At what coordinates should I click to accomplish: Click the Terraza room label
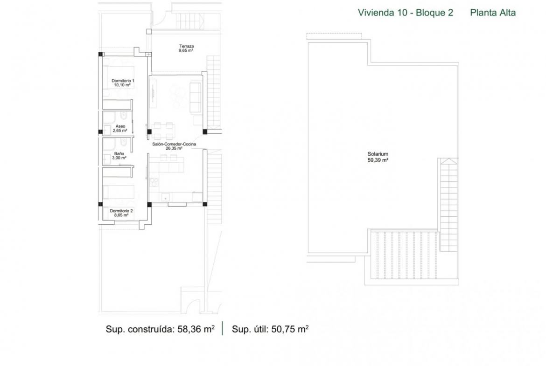(x=186, y=46)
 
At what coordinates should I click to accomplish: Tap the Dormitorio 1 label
(x=123, y=81)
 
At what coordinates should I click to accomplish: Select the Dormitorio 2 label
(x=121, y=211)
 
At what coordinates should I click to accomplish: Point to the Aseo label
(x=120, y=126)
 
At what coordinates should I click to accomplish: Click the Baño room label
(x=119, y=153)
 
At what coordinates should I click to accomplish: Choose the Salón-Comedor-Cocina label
(x=174, y=144)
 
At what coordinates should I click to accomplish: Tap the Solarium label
(x=378, y=154)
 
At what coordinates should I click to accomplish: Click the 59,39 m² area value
(x=378, y=160)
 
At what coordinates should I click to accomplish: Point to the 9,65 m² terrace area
(x=186, y=50)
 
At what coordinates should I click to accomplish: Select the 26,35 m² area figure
(x=174, y=148)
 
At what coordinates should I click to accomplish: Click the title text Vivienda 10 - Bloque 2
(x=406, y=13)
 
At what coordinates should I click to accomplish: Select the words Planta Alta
(x=493, y=13)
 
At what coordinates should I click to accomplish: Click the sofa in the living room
(x=196, y=97)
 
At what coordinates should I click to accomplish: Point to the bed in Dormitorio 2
(x=119, y=192)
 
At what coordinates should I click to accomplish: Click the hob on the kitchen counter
(x=154, y=182)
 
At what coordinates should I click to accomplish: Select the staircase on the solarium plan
(x=448, y=205)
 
